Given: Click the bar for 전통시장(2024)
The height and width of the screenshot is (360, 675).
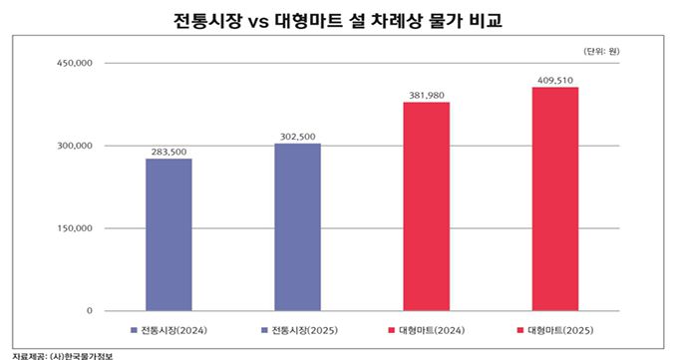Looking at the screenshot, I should [169, 234].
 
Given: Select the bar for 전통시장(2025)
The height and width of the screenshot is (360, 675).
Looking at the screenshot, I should [297, 227].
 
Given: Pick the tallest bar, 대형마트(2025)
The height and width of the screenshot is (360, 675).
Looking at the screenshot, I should [554, 199].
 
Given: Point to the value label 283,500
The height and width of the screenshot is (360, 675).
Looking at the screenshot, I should [169, 152].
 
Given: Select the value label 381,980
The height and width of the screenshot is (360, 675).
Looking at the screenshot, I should [426, 96].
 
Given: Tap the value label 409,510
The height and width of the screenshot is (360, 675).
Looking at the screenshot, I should [554, 81].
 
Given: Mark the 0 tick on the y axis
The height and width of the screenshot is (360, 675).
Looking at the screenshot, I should [89, 311].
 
